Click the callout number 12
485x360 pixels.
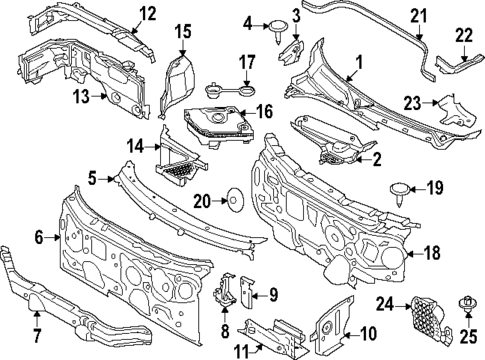[x=147, y=13]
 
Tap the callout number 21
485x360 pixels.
[x=419, y=14]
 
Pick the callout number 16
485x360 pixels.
[x=267, y=111]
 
